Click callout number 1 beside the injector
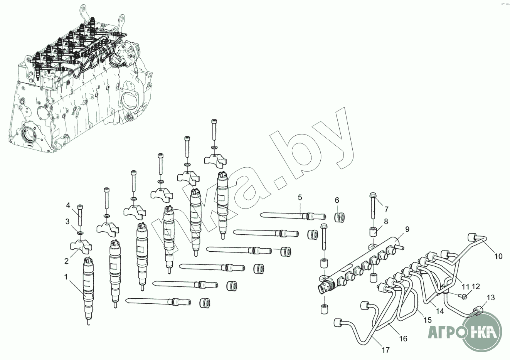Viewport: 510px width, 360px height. (66, 276)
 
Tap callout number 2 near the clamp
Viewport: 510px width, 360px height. (66, 261)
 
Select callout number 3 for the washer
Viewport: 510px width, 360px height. (67, 221)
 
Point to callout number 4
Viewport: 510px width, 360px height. (68, 205)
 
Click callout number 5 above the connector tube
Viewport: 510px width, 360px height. (299, 198)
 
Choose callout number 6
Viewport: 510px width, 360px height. (337, 200)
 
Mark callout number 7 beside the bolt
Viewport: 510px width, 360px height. (386, 209)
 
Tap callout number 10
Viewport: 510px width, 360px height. (498, 256)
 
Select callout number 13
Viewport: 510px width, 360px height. (490, 298)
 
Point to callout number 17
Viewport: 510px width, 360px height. (385, 350)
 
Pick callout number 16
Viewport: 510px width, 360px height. (403, 339)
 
